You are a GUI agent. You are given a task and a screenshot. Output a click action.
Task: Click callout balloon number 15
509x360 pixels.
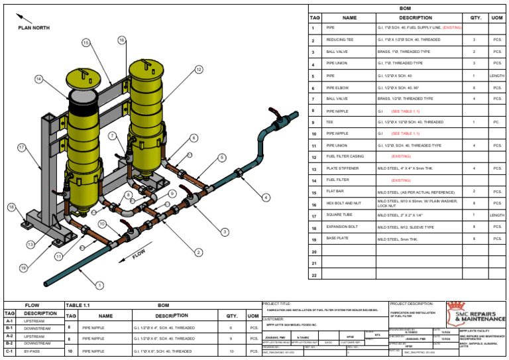pos(86,42)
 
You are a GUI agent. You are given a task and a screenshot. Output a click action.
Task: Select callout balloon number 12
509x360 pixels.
pos(199,70)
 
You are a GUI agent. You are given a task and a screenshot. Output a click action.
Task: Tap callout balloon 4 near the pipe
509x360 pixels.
pos(266,198)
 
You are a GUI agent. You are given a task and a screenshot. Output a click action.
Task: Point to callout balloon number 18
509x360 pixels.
pos(11,207)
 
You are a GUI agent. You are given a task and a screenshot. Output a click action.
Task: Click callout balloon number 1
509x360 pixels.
pos(99,286)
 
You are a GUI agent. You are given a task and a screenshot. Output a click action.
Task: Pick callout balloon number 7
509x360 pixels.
pos(113,135)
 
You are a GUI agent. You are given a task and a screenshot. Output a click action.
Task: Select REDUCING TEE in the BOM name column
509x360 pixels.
pos(340,40)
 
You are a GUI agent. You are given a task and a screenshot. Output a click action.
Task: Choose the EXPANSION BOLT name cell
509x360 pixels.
pos(342,227)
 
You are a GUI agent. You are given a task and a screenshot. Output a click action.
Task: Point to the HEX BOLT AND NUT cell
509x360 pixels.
pos(343,204)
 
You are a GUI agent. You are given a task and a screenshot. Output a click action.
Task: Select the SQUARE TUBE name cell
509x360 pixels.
pos(339,215)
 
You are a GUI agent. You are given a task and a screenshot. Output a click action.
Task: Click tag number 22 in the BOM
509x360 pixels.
pos(315,274)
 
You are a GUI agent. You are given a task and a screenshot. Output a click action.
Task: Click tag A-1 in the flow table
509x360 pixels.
pos(10,320)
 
